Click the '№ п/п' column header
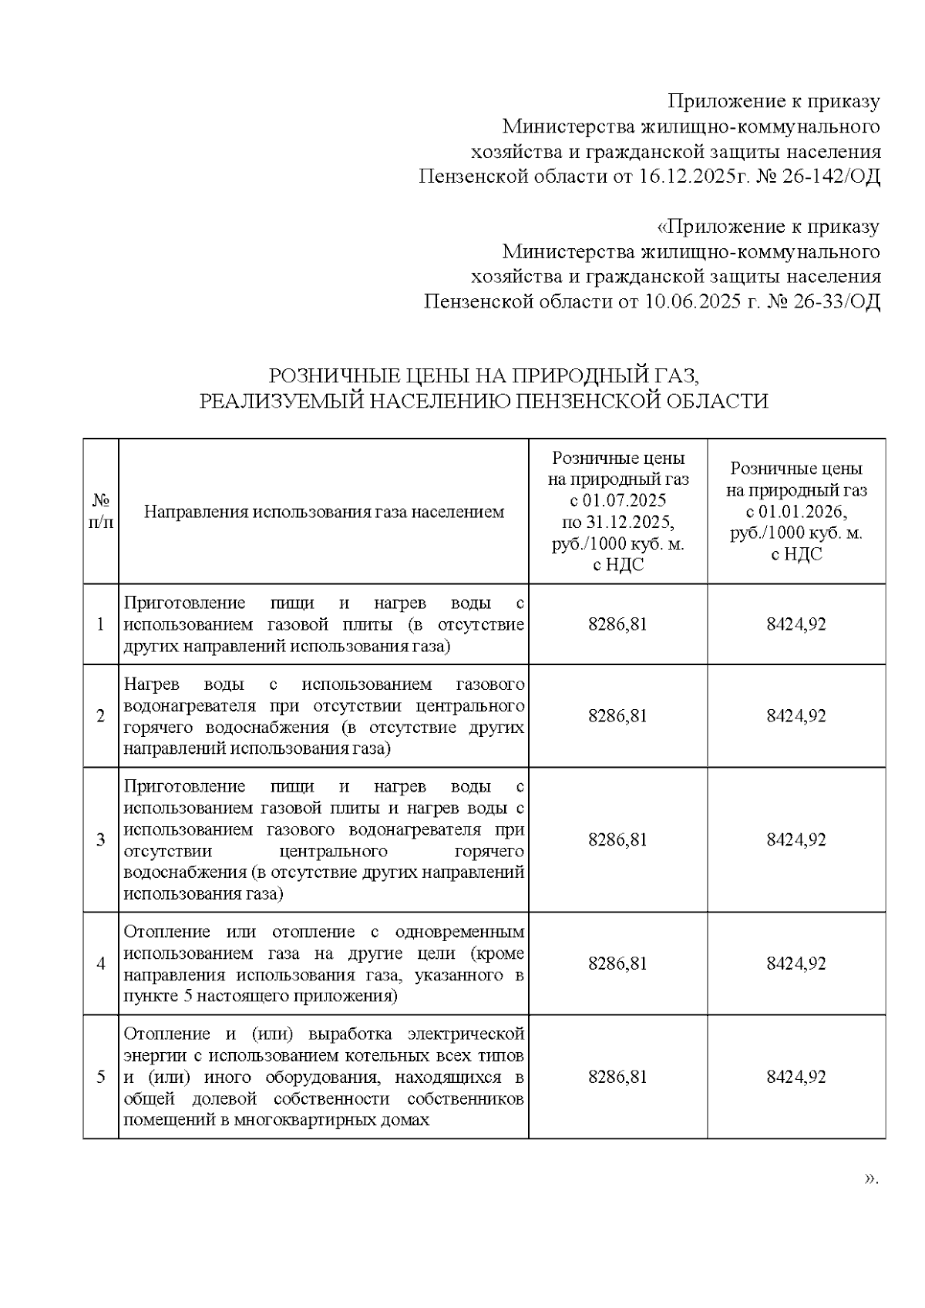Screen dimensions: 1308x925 (x=100, y=511)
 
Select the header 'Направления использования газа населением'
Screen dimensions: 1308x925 (x=324, y=512)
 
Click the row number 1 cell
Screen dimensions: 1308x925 (x=100, y=624)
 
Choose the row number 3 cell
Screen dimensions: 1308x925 (x=100, y=840)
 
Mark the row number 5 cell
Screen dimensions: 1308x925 (x=100, y=1077)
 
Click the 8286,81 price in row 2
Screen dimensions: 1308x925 (x=617, y=716)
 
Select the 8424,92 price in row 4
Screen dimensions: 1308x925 (x=795, y=963)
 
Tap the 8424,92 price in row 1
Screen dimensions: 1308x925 (x=795, y=624)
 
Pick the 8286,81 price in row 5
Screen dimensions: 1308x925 (x=617, y=1077)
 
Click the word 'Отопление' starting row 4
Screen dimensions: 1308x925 (x=163, y=932)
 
